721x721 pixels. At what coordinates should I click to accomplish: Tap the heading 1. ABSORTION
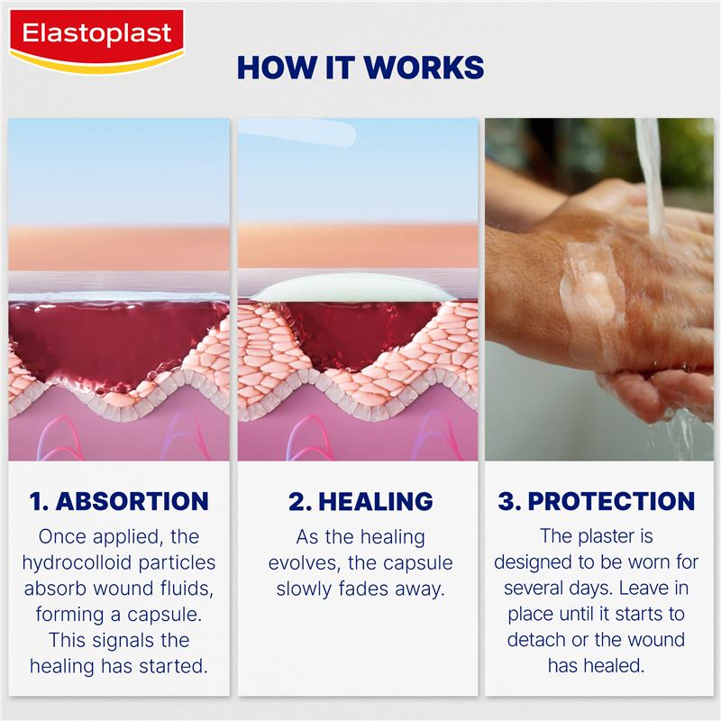(119, 501)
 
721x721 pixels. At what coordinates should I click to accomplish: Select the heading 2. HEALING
(360, 501)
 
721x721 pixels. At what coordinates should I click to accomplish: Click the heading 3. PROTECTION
(597, 501)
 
